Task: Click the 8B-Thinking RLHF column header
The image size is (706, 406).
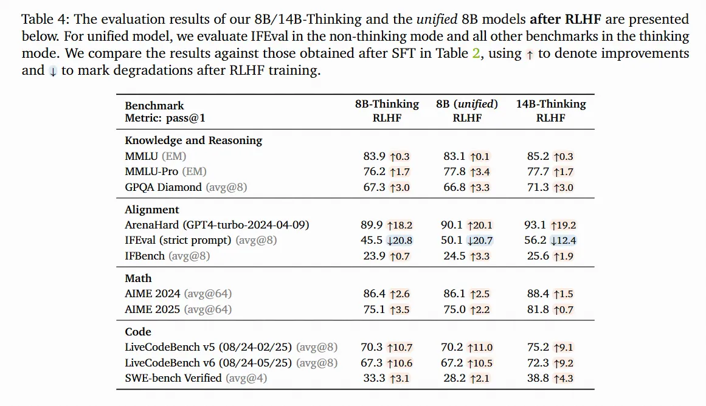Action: pos(387,111)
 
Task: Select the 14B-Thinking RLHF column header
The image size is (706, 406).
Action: pos(551,111)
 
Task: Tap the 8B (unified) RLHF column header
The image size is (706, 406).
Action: pos(467,111)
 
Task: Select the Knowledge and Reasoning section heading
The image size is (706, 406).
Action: pos(193,140)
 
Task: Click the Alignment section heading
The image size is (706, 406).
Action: pos(152,210)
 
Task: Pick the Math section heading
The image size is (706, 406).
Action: pos(138,278)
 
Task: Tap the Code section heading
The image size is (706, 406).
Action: pos(138,332)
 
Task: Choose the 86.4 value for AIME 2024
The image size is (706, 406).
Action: pos(375,294)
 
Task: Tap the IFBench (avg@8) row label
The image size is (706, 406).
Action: pos(167,256)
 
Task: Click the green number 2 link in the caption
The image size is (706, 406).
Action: pos(476,53)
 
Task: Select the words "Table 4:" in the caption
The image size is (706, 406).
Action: pos(44,20)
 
